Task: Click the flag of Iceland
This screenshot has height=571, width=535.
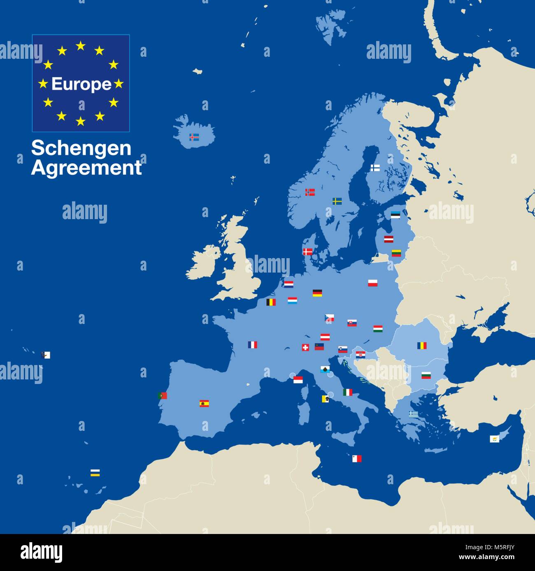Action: (194, 137)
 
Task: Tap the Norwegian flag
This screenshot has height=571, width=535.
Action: (310, 192)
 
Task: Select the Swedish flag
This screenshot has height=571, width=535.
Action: (337, 201)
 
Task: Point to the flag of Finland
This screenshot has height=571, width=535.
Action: (375, 168)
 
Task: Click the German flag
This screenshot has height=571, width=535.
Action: (317, 293)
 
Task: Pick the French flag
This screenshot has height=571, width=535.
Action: (252, 345)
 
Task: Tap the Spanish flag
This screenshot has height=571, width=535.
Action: (204, 403)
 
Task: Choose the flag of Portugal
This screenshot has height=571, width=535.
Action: (162, 395)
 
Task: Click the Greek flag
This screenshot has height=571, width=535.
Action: (413, 414)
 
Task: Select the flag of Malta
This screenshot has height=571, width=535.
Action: (356, 459)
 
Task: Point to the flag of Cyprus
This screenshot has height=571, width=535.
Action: (494, 439)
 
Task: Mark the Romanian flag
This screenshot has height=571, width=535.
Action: (422, 345)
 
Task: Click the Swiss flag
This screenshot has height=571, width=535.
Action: (305, 347)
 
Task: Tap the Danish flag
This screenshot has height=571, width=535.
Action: (307, 252)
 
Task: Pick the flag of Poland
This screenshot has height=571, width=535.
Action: (372, 283)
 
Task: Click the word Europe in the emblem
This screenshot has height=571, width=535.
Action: (81, 84)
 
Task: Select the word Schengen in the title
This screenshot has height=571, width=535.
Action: (81, 148)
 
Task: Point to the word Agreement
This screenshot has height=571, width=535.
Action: (86, 168)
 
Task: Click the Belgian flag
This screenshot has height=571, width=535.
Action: (271, 302)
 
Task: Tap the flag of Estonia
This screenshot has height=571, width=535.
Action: (395, 215)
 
